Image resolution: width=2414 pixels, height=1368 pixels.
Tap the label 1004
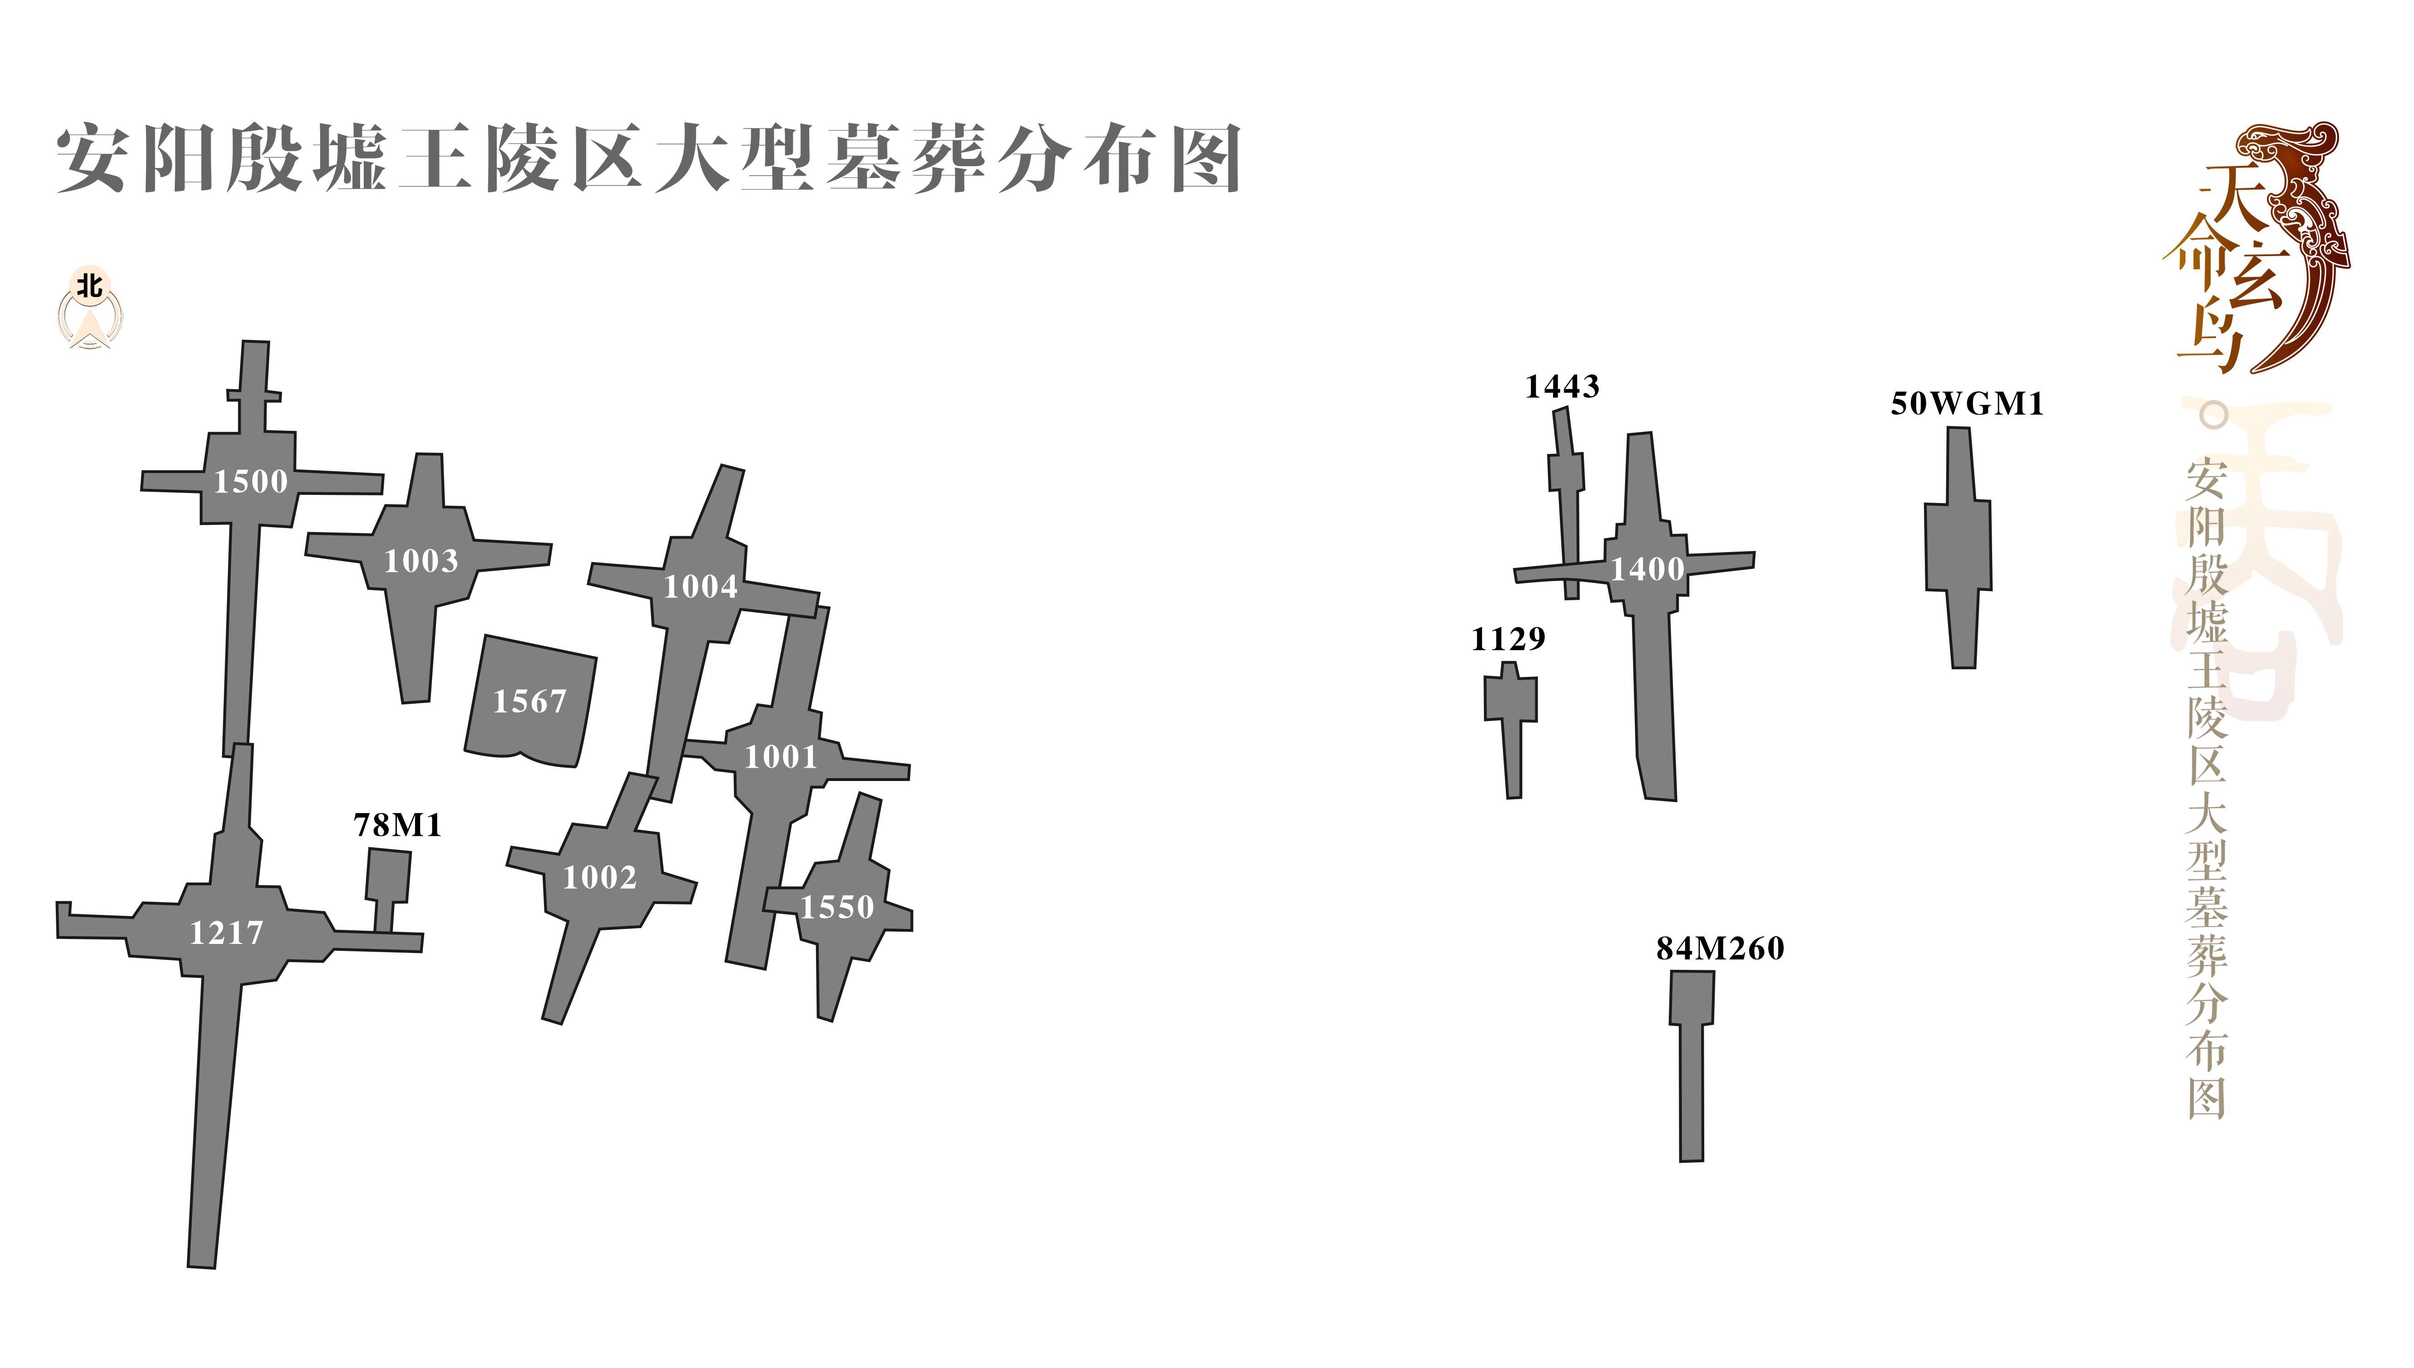(701, 587)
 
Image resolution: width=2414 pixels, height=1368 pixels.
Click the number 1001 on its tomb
(781, 757)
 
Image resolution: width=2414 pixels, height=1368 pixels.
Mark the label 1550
(836, 908)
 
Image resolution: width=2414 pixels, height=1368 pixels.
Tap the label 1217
(227, 933)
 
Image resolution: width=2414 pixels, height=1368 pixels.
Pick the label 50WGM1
(1967, 404)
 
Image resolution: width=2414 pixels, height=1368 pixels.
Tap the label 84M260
(1720, 949)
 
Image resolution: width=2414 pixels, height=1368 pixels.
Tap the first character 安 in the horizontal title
(91, 160)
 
